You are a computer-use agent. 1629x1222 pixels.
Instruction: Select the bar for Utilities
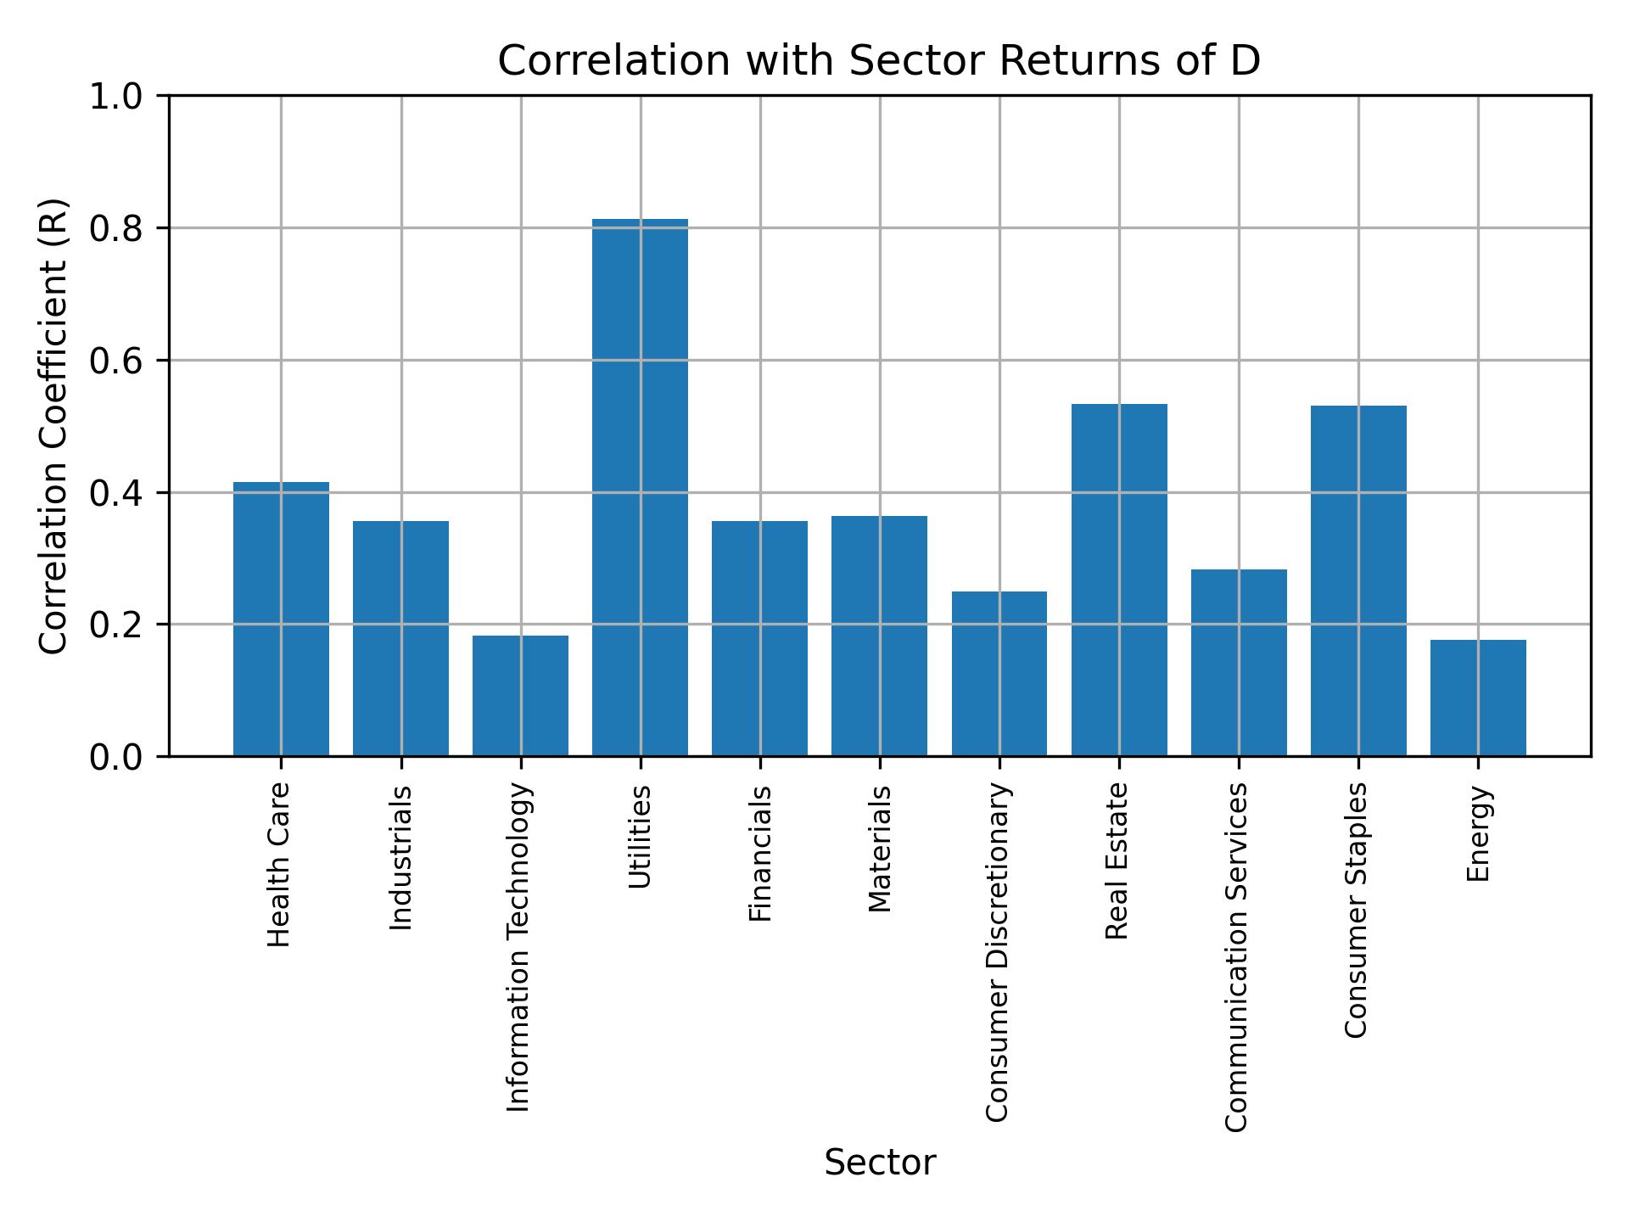[640, 488]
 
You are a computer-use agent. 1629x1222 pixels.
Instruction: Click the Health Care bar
[281, 619]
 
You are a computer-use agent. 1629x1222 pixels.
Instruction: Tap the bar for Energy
[1478, 698]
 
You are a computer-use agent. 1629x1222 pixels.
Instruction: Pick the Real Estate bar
[1119, 580]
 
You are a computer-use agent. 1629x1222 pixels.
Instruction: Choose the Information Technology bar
[520, 696]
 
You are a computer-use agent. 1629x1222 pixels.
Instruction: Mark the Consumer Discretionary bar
[999, 674]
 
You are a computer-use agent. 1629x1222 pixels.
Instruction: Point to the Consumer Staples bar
[1358, 580]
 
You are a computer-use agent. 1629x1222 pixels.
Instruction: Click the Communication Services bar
[1239, 663]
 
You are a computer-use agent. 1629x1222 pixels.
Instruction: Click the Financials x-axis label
[760, 854]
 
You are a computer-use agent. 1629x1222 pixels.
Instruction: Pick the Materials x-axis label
[880, 849]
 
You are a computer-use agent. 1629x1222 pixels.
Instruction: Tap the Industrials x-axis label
[400, 858]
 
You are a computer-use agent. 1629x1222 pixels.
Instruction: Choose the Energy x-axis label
[1478, 833]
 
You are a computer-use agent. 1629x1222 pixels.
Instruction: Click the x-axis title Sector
[880, 1163]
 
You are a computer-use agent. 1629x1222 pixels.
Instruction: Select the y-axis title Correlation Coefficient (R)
[53, 426]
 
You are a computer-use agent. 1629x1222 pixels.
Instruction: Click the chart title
[879, 61]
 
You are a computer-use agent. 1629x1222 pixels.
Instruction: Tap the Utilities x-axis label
[640, 837]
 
